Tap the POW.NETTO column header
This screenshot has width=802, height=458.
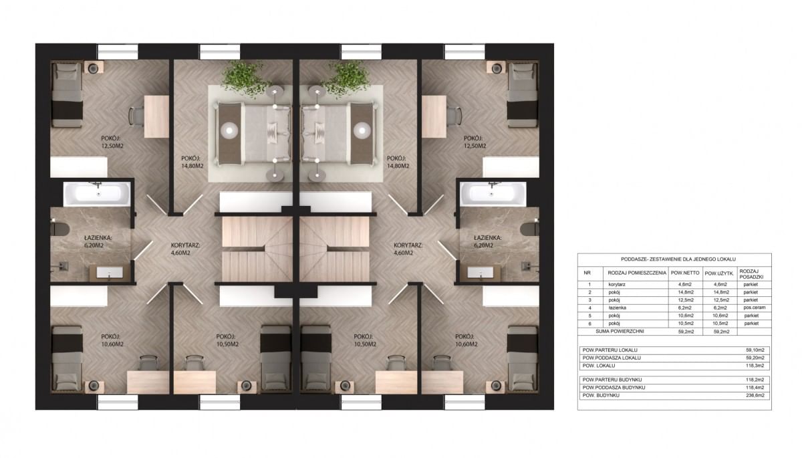click(x=685, y=273)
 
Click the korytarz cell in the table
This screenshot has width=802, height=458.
click(x=616, y=284)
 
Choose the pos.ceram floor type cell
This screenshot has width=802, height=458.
click(x=754, y=308)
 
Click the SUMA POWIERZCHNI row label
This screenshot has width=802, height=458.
click(x=620, y=331)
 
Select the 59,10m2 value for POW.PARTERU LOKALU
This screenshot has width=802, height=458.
click(x=755, y=350)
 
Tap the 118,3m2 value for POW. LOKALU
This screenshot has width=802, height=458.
click(x=756, y=366)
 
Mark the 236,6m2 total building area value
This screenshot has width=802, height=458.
click(x=756, y=395)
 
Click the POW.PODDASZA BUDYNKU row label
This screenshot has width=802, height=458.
click(x=614, y=387)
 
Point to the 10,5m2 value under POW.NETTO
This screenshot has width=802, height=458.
click(x=686, y=324)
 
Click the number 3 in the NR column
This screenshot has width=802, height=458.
click(x=589, y=300)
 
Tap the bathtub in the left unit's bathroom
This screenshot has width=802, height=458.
click(x=97, y=194)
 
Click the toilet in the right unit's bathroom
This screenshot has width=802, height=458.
click(x=529, y=229)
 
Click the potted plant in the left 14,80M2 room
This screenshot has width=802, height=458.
click(x=245, y=77)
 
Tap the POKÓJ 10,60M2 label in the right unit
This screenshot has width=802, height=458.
click(x=466, y=340)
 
